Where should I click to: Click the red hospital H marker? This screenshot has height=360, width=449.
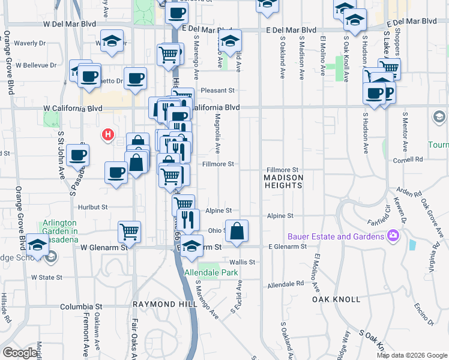click(x=108, y=134)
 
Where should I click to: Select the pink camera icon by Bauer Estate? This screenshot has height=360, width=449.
click(x=394, y=235)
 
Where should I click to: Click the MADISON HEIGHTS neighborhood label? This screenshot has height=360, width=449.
click(x=283, y=182)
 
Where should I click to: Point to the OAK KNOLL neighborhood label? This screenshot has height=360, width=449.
click(x=336, y=299)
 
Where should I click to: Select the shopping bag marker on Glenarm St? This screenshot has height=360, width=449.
click(x=237, y=230)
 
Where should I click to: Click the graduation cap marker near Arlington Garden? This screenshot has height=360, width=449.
click(x=37, y=246)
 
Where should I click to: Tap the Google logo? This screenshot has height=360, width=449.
click(x=20, y=353)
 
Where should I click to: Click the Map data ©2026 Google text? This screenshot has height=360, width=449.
click(x=412, y=355)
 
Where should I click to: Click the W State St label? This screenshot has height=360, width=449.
click(x=47, y=277)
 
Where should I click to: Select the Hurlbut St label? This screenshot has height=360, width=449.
click(x=92, y=207)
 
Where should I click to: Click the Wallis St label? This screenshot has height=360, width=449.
click(x=243, y=262)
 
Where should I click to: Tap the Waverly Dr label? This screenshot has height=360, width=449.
click(x=30, y=43)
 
